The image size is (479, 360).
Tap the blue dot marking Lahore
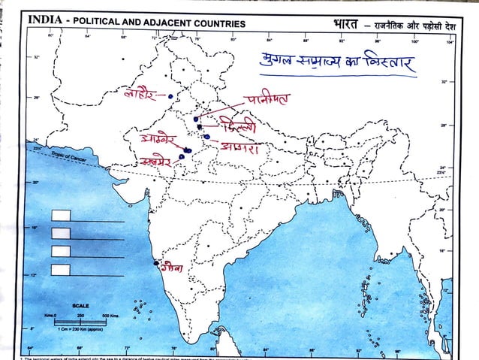click(171, 96)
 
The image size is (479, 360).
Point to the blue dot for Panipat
click(195, 119)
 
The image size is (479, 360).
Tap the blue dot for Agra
click(206, 137)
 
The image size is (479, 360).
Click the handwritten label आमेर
click(159, 141)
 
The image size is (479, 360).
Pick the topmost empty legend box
click(61, 216)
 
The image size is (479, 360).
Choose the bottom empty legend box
click(61, 268)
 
